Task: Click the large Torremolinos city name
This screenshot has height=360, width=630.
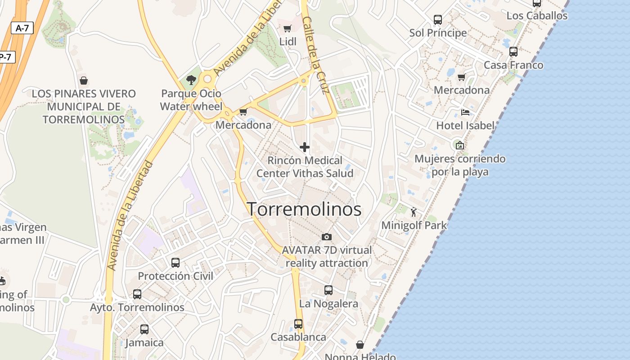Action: click(x=304, y=209)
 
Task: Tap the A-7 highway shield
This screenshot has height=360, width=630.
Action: click(x=22, y=28)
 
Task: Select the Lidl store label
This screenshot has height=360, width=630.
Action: click(x=288, y=41)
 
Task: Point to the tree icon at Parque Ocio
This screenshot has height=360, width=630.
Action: click(x=191, y=80)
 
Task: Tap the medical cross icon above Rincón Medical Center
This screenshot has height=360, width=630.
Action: click(x=305, y=147)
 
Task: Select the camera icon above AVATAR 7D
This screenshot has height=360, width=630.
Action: click(x=327, y=237)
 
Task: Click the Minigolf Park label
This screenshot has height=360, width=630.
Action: click(x=414, y=225)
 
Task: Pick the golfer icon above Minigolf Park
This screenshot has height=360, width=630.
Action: click(x=414, y=211)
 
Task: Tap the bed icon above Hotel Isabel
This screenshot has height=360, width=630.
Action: click(x=465, y=112)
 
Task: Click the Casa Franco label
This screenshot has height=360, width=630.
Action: click(x=513, y=65)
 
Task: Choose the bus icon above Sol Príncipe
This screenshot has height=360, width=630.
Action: click(x=438, y=20)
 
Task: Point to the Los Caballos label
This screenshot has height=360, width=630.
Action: click(x=537, y=16)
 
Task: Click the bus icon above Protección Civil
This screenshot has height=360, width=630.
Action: click(x=175, y=262)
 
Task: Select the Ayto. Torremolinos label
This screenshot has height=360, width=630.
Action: click(x=137, y=307)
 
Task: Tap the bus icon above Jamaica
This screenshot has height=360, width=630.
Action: click(x=144, y=329)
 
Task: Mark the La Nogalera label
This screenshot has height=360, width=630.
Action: click(x=328, y=304)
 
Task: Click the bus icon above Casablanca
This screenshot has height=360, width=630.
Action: click(x=298, y=324)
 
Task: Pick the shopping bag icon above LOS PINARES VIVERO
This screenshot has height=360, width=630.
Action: click(x=83, y=81)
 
